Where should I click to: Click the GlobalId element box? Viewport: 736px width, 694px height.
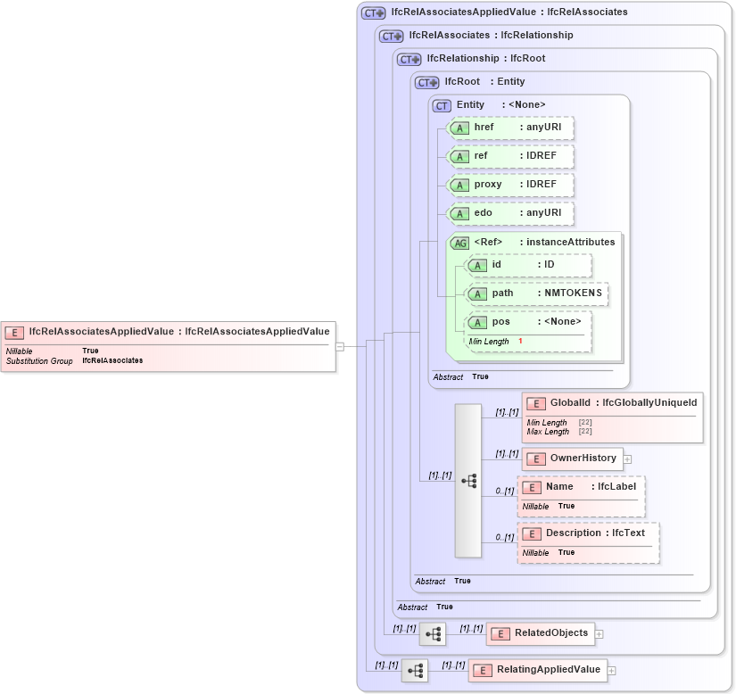tap(612, 403)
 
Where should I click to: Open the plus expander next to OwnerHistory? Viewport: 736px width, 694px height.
tap(627, 459)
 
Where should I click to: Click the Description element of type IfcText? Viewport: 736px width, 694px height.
tap(590, 533)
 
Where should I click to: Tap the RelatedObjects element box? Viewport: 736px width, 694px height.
tap(540, 633)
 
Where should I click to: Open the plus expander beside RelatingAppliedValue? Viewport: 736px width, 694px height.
tap(612, 670)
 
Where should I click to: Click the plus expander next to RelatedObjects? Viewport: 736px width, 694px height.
tap(599, 633)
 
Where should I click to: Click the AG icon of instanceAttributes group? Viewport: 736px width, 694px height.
tap(460, 243)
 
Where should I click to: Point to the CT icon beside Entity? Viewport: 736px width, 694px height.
tap(442, 105)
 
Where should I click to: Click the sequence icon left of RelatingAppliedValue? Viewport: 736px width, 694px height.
tap(415, 670)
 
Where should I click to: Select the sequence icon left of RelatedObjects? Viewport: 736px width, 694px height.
tap(433, 633)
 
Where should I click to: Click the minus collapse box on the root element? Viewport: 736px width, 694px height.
tap(340, 346)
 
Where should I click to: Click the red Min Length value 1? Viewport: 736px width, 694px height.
tap(520, 342)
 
